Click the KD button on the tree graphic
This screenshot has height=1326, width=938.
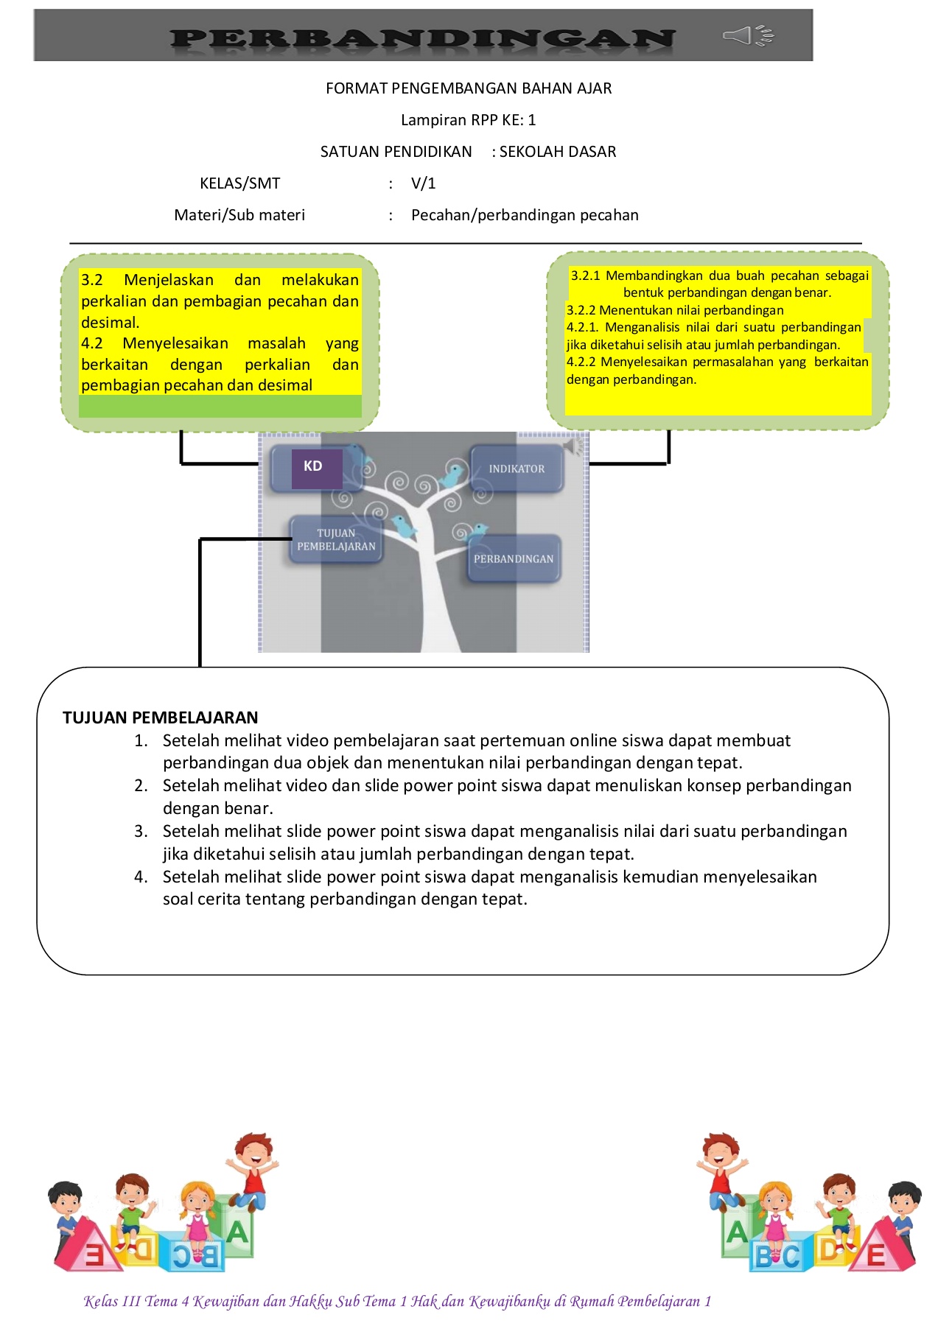313,467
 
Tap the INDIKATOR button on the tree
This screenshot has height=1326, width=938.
517,469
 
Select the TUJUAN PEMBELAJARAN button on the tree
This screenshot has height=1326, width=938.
336,540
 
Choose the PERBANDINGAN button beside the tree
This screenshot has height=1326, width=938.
514,559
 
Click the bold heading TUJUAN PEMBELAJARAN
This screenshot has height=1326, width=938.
160,718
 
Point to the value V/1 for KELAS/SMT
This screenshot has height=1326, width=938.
424,183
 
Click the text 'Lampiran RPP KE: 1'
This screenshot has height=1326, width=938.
468,120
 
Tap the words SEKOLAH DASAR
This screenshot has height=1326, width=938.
558,152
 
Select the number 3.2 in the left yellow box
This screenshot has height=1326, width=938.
92,280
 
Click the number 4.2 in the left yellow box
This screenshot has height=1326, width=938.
92,343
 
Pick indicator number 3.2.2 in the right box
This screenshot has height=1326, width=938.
581,310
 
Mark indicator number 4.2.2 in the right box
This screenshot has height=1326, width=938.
581,362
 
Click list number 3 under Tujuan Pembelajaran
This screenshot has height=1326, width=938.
141,832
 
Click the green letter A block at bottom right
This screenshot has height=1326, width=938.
737,1232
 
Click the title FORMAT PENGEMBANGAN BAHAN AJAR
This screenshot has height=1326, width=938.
469,88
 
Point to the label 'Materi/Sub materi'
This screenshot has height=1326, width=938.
239,215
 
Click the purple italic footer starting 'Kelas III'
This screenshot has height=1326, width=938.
398,1302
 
